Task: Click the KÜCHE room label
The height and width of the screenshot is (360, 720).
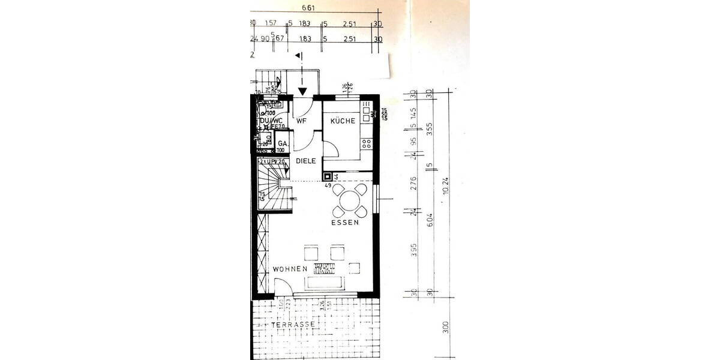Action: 343,121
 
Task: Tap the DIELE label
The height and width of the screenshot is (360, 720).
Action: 305,161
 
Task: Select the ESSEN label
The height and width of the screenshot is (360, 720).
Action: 345,223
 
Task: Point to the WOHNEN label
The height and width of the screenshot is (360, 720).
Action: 290,269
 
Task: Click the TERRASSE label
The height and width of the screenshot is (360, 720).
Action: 293,325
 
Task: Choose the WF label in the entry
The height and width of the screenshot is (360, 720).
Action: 302,121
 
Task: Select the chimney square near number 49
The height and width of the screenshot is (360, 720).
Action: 328,177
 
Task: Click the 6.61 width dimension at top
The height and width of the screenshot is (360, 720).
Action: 308,8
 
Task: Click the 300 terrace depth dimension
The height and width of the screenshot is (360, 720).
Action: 445,328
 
